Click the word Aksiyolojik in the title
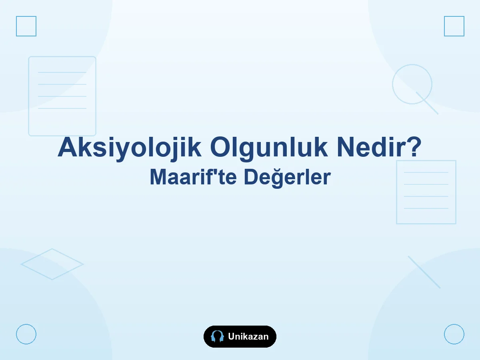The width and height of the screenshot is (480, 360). [129, 148]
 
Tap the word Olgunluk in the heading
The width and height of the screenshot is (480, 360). [269, 148]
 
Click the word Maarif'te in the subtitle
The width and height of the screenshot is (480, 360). [193, 177]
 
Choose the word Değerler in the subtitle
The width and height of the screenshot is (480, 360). [287, 178]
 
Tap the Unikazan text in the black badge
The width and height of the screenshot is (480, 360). [248, 336]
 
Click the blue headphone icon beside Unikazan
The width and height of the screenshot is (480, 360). [217, 336]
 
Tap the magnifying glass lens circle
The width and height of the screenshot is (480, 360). [392, 84]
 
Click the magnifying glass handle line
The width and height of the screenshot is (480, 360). [427, 103]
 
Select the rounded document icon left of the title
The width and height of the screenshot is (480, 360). [29, 96]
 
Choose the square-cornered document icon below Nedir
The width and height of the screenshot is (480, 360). [397, 192]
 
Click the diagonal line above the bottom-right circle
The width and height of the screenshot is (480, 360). [424, 272]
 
